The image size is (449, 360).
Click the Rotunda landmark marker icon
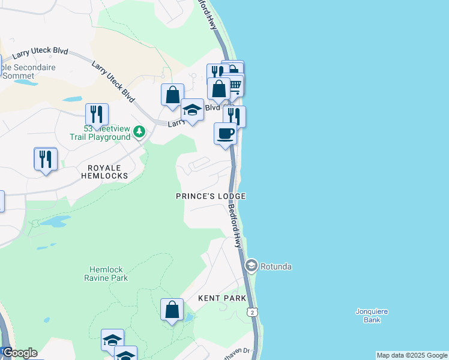[x=251, y=265]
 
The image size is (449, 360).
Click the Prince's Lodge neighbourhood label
[x=211, y=196]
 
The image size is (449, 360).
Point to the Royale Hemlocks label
[x=105, y=172]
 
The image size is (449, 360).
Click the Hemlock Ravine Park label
[x=108, y=274]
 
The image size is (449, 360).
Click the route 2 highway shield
[x=252, y=312]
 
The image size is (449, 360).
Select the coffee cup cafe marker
[x=226, y=133]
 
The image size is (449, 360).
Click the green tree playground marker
[x=139, y=131]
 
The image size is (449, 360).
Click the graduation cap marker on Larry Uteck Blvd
[x=192, y=110]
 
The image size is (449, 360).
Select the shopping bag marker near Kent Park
[x=172, y=310]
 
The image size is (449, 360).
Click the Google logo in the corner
[x=19, y=352]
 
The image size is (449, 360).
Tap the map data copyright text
[x=411, y=355]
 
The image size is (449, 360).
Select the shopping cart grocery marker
[x=235, y=85]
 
